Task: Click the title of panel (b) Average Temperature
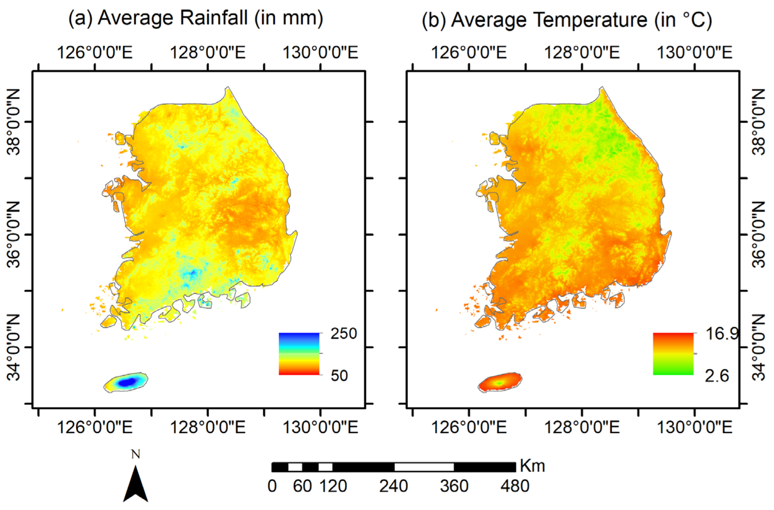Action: (567, 20)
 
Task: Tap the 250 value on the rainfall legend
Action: (343, 334)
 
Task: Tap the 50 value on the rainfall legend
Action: (339, 376)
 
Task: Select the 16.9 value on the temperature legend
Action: (722, 334)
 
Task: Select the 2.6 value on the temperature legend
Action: (717, 376)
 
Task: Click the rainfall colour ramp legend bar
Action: (299, 354)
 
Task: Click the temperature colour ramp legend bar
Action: (673, 354)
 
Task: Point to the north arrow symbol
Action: (136, 484)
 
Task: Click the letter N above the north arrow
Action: (136, 454)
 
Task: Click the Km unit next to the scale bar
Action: (532, 466)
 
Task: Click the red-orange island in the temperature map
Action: (500, 382)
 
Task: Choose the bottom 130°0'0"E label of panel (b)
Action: (695, 427)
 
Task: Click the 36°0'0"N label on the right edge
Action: (760, 234)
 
